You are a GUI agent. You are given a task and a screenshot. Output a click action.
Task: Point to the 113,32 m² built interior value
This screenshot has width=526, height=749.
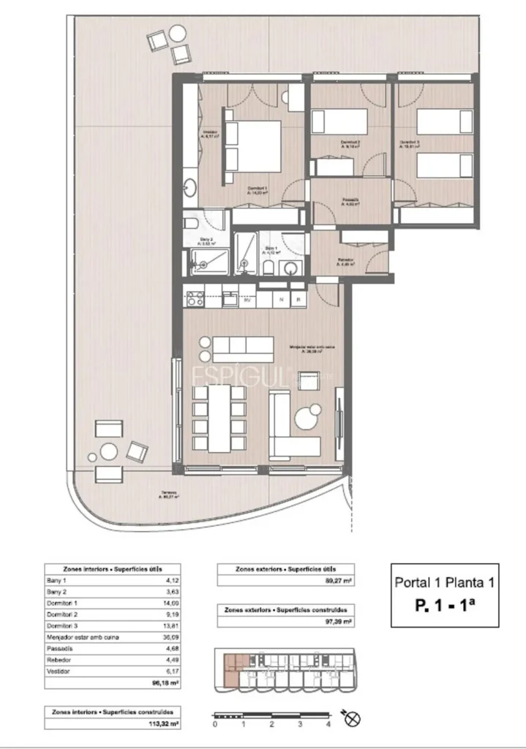[168, 724]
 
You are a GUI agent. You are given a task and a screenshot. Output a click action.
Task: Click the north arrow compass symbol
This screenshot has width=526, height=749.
[353, 720]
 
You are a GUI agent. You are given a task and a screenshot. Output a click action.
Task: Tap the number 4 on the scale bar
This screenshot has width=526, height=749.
[328, 725]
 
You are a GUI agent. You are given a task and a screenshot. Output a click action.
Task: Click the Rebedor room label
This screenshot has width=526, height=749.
[346, 261]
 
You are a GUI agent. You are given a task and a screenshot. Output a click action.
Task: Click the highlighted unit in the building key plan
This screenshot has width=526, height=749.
[231, 668]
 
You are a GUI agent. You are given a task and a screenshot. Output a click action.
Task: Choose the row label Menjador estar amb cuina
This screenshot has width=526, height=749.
[83, 637]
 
